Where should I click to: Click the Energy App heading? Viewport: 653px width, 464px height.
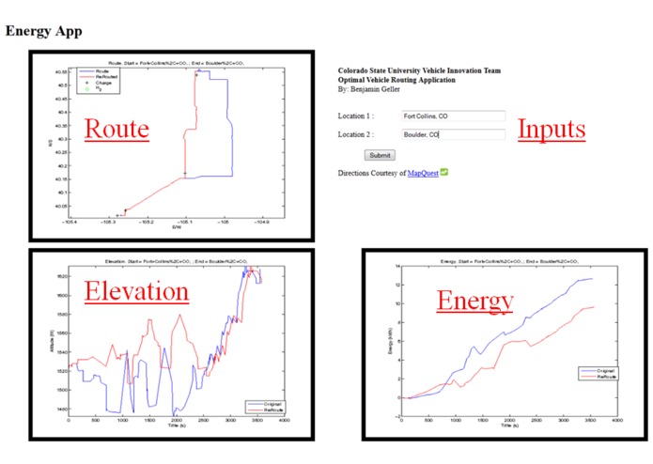click(x=43, y=31)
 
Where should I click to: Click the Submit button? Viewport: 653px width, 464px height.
click(x=380, y=155)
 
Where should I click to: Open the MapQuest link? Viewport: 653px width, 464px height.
click(x=422, y=174)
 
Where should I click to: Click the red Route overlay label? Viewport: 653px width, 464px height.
click(x=117, y=129)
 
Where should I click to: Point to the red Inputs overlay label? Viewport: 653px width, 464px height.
click(x=552, y=130)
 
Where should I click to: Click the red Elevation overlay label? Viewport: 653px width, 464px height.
click(x=136, y=291)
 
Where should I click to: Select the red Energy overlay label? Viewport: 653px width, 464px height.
click(x=474, y=301)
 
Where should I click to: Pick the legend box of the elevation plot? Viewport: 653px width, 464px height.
click(x=266, y=407)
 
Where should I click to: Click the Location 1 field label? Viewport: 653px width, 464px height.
click(x=356, y=116)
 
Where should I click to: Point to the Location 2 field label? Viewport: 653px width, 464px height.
click(x=356, y=135)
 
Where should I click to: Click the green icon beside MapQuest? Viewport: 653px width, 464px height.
click(x=444, y=173)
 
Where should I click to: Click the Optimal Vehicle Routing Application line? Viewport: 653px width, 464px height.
click(x=396, y=80)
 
